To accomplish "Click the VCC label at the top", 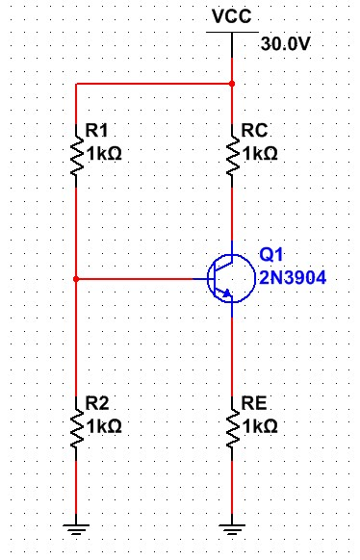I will pos(232,17).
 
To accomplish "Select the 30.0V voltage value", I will pos(286,45).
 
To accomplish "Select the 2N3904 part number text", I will pos(293,278).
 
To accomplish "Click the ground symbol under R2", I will pos(76,526).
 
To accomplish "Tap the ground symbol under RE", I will pos(232,526).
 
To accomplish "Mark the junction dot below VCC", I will pos(232,84).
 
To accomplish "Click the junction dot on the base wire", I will pos(76,279).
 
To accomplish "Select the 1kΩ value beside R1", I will pos(105,153).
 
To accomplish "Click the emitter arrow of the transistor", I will pos(229,293).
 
